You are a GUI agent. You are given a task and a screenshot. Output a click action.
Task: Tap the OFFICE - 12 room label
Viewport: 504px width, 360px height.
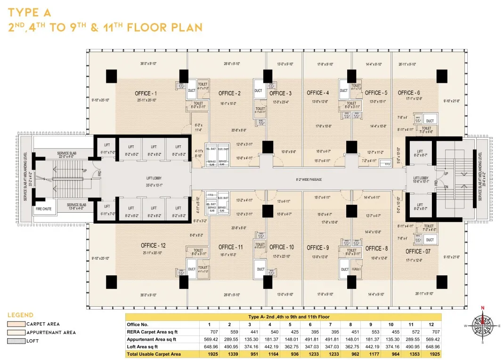[153, 246]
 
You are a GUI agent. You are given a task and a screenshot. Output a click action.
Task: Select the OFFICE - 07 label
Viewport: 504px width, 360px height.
[418, 251]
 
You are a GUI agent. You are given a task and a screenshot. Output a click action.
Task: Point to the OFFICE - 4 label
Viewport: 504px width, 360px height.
[318, 93]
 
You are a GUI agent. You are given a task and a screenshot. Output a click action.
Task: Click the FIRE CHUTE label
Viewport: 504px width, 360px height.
[44, 208]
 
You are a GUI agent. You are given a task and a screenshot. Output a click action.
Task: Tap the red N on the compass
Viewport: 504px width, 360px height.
[482, 308]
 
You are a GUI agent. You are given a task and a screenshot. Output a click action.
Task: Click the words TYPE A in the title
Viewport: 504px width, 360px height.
[29, 12]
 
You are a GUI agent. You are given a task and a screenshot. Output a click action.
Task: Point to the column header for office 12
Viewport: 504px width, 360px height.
[431, 325]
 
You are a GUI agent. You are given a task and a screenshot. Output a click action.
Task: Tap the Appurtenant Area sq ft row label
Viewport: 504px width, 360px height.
[151, 339]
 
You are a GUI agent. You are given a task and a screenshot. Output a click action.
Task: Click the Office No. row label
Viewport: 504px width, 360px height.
[138, 325]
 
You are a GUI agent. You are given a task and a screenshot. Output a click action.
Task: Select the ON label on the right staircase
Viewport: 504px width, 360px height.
[446, 187]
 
